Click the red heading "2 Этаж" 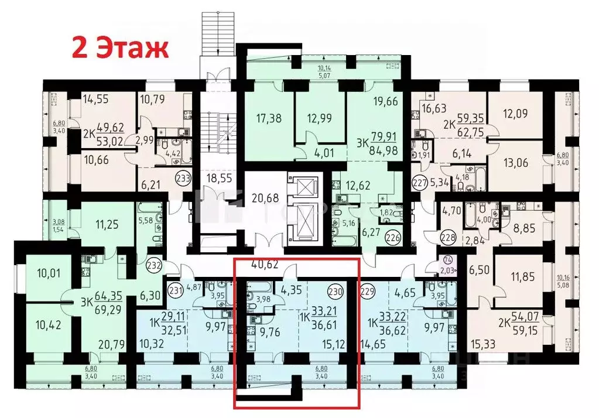pos(120,47)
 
